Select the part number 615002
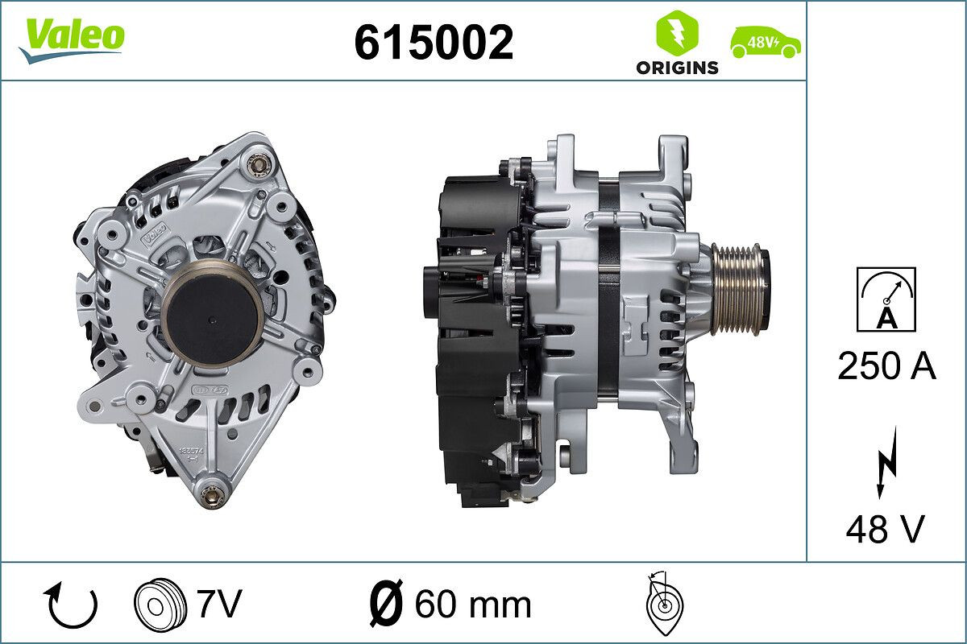[434, 42]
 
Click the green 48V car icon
[766, 42]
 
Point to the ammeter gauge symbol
[886, 299]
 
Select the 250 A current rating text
[886, 366]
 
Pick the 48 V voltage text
[885, 529]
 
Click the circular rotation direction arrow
[73, 605]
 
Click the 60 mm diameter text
[472, 605]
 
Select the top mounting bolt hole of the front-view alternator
[258, 164]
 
